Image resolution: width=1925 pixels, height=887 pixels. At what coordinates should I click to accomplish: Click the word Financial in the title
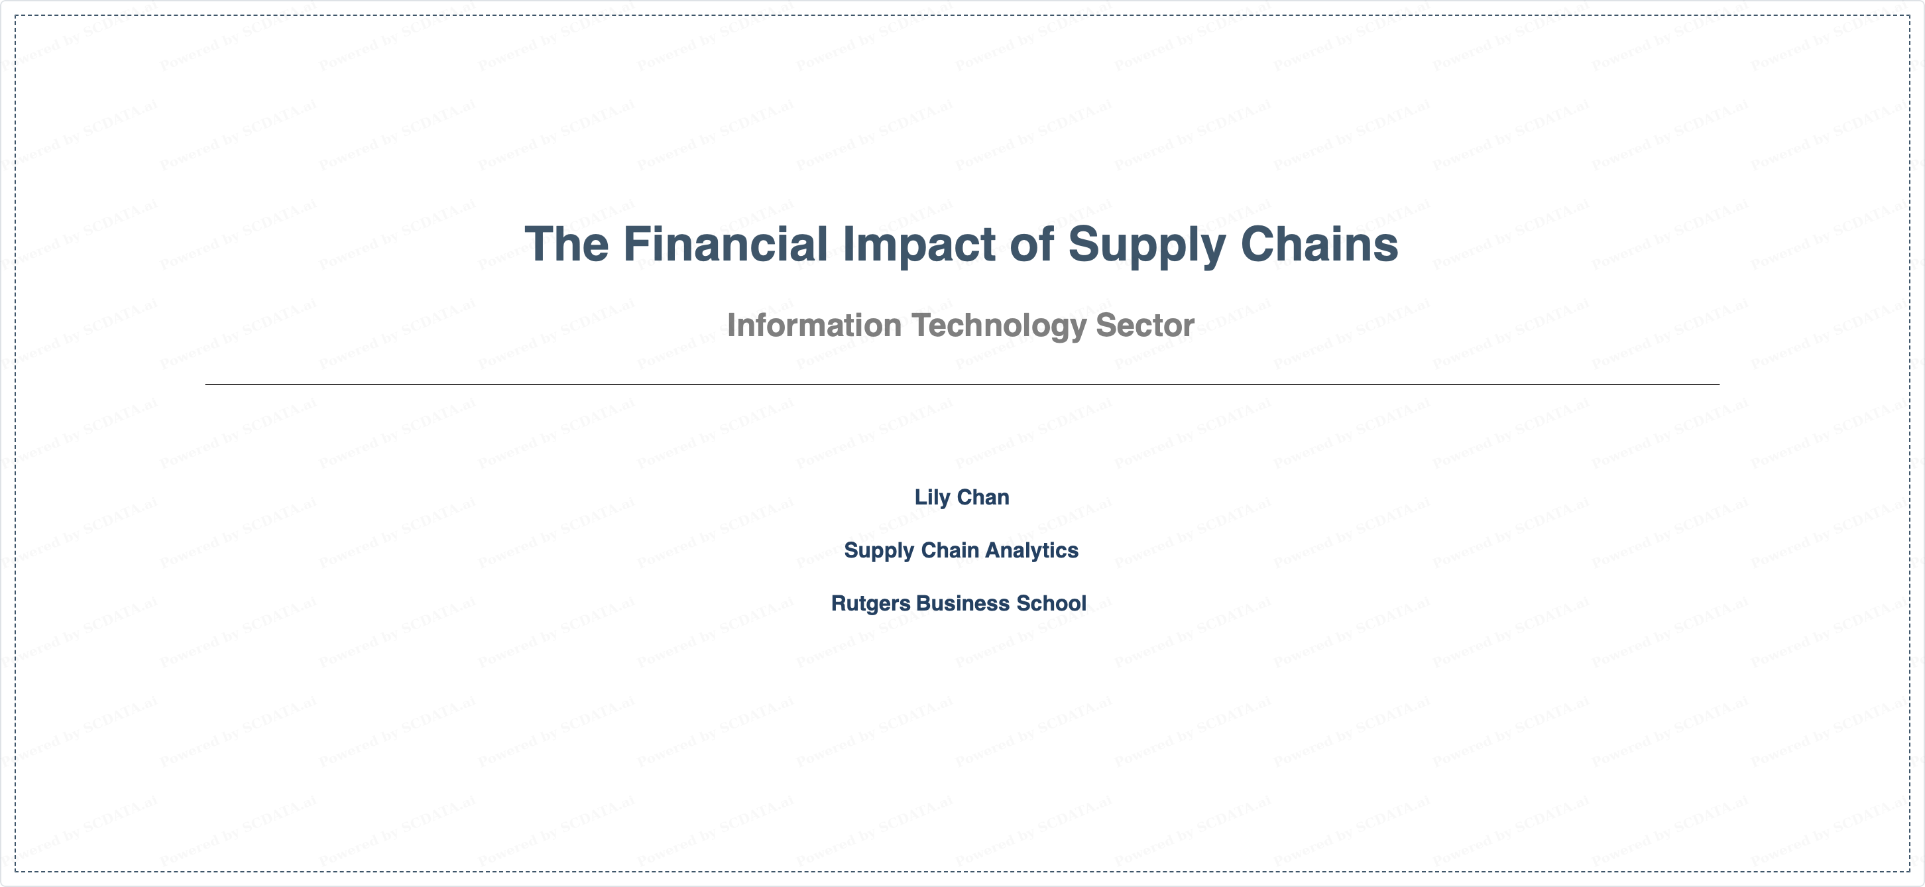pyautogui.click(x=725, y=245)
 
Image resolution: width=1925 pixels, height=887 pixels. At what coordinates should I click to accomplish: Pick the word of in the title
pyautogui.click(x=1032, y=245)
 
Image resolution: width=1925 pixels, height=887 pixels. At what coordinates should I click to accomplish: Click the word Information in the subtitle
pyautogui.click(x=814, y=325)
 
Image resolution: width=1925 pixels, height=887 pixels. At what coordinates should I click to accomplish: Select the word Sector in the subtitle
pyautogui.click(x=1145, y=325)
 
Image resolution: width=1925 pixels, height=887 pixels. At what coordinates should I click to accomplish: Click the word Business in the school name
pyautogui.click(x=962, y=603)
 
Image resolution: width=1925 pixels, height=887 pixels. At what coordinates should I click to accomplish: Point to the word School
pyautogui.click(x=1051, y=603)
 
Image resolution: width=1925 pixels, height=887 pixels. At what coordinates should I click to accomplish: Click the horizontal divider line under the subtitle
pyautogui.click(x=962, y=384)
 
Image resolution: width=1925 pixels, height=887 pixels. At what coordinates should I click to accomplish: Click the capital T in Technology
pyautogui.click(x=921, y=325)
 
